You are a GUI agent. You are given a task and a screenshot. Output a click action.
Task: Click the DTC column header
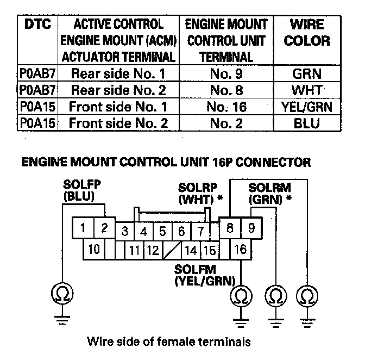[x=34, y=25]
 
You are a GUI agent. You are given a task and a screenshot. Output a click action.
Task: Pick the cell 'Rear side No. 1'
[x=118, y=73]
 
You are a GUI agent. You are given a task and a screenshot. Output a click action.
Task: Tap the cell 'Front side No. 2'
[x=118, y=123]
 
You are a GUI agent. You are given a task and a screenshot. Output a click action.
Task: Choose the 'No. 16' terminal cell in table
[x=226, y=107]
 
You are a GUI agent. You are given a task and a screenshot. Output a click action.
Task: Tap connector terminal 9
[x=251, y=229]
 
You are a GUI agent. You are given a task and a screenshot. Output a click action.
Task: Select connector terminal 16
[x=241, y=251]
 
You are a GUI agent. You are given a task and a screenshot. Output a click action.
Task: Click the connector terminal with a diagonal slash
[x=172, y=251]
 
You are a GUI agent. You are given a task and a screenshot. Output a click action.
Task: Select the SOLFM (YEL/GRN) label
[x=204, y=275]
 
